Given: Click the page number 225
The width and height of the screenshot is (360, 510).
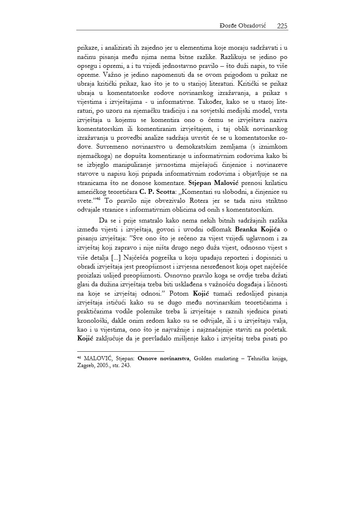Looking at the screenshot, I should [x=282, y=26].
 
